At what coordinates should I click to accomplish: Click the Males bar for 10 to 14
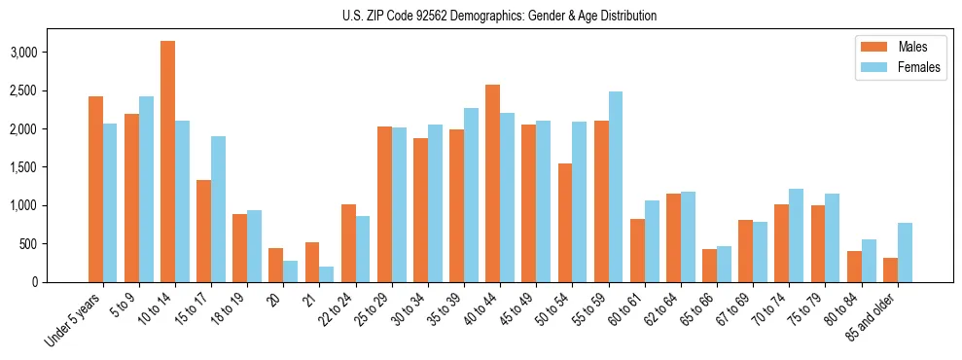coord(167,162)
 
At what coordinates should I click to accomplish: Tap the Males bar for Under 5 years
coord(95,189)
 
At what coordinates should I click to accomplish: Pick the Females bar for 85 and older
coord(905,252)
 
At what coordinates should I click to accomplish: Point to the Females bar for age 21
coord(327,273)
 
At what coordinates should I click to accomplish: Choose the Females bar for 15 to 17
coord(218,209)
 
